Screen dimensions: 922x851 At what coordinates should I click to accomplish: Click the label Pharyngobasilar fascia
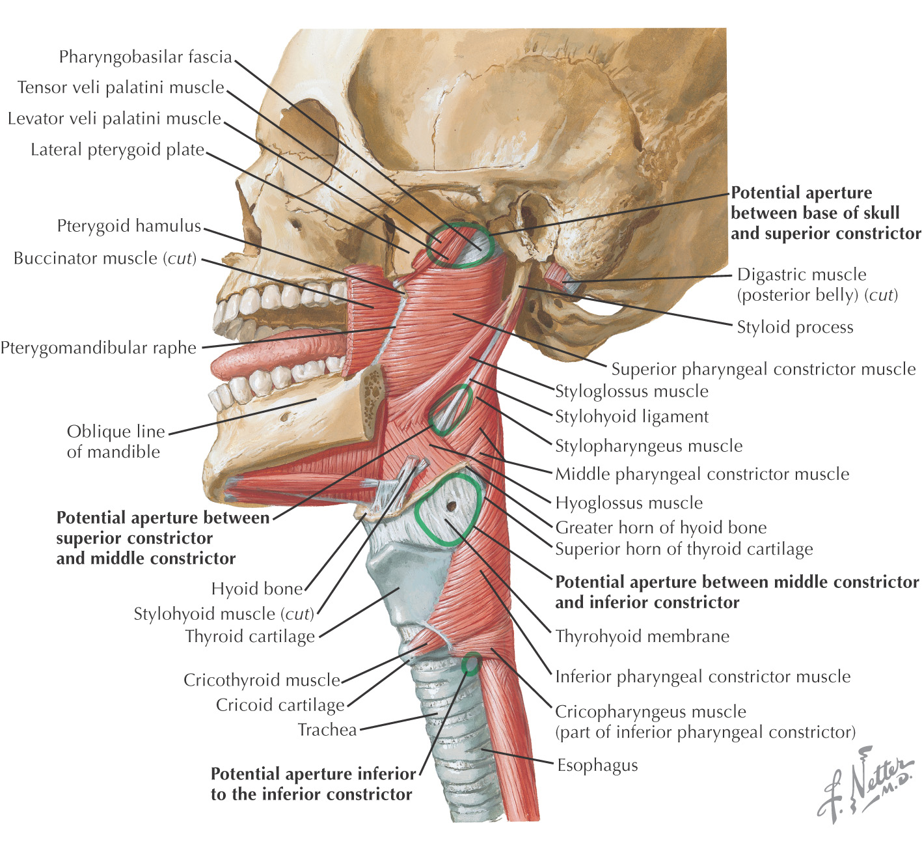(x=145, y=57)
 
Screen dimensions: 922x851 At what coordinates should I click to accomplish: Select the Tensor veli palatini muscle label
(x=121, y=88)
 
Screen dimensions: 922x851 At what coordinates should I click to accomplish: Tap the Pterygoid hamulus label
(x=129, y=227)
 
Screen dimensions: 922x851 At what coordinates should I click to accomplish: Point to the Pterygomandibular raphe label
(x=98, y=348)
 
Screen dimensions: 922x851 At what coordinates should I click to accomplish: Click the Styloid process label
(x=795, y=328)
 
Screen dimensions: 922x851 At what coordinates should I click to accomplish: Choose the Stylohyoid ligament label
(x=632, y=417)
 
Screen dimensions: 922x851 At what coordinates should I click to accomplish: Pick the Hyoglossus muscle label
(x=629, y=503)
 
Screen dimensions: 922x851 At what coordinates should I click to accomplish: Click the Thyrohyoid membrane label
(x=642, y=636)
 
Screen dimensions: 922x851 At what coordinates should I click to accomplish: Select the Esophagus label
(x=597, y=766)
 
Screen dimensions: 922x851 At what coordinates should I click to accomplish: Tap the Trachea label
(x=327, y=730)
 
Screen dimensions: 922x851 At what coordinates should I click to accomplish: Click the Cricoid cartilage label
(x=280, y=706)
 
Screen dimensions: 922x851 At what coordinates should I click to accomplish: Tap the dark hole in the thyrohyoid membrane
(x=451, y=505)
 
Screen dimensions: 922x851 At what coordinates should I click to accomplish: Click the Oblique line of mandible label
(x=116, y=442)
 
